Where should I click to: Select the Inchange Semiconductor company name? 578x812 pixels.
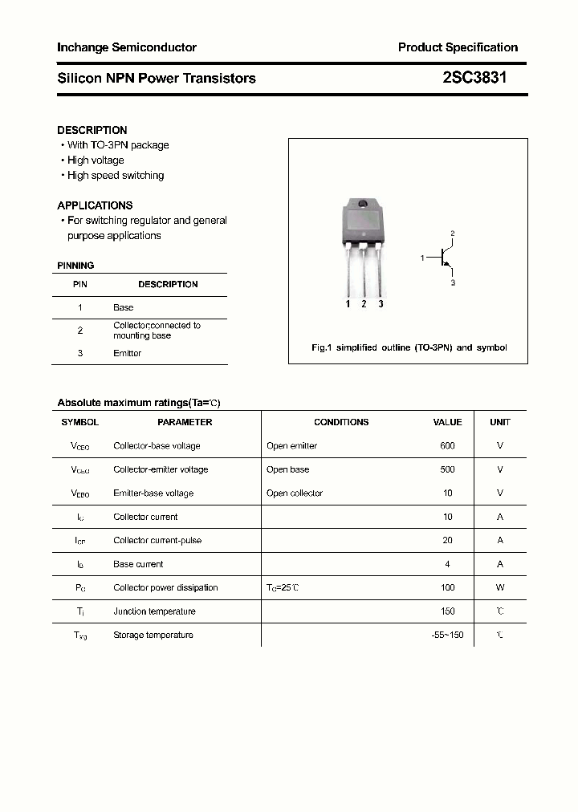pos(127,47)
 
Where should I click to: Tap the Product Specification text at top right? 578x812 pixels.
pos(458,47)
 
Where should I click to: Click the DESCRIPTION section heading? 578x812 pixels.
pos(92,130)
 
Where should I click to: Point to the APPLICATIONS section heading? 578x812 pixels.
pos(95,205)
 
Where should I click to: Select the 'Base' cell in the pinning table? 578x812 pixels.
pos(124,307)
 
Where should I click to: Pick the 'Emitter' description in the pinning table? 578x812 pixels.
pos(127,353)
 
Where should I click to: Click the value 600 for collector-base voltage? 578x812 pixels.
pos(447,446)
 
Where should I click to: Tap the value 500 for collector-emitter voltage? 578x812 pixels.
pos(447,469)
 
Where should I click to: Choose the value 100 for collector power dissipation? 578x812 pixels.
pos(447,588)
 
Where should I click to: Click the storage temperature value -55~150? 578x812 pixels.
pos(447,635)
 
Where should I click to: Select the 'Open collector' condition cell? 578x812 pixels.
pos(295,493)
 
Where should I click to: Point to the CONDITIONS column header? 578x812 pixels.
pos(341,422)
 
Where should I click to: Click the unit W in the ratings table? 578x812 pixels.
pos(500,588)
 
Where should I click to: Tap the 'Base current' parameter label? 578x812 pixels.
pos(138,564)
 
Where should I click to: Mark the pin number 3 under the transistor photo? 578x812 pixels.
pos(381,304)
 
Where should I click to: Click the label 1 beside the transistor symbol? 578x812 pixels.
pos(422,258)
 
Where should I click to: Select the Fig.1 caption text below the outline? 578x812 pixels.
pos(409,348)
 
